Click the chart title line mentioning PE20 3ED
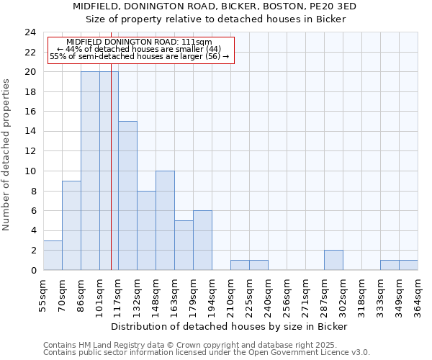215,6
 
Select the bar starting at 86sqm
90,171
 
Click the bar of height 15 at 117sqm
127,195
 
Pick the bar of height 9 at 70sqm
71,225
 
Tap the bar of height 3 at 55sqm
53,255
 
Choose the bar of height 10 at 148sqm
165,220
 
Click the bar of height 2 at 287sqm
333,260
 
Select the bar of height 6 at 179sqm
202,240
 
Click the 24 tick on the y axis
30,32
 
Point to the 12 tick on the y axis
30,151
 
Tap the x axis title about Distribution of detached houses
230,326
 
